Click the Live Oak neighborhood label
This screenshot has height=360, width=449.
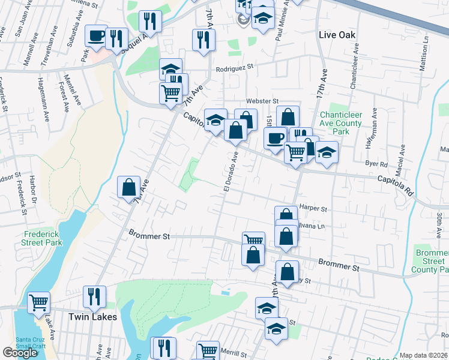coord(337,35)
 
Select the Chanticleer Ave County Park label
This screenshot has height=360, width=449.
coord(340,123)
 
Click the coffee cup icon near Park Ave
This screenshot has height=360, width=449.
coord(96,36)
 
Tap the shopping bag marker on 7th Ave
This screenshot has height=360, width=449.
coord(128,187)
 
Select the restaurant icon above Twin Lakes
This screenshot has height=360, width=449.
coord(94,296)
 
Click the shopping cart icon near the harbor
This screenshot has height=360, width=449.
coord(38,302)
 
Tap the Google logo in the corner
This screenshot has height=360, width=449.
coord(20,353)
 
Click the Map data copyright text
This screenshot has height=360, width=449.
coord(423,355)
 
